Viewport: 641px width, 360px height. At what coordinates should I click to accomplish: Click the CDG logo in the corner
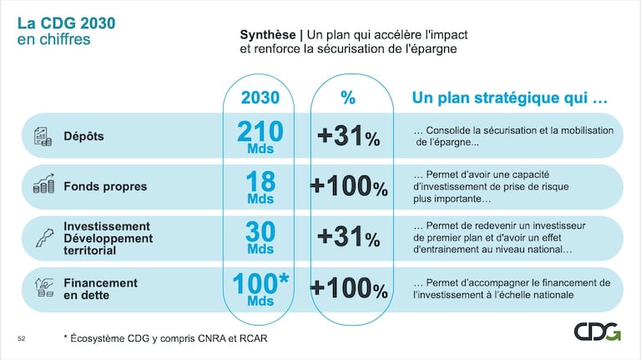click(597, 331)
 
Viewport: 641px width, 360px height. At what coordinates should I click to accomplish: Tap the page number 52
click(22, 338)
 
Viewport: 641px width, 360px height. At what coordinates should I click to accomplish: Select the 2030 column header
click(260, 98)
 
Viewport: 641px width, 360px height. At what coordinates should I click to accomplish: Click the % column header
click(348, 98)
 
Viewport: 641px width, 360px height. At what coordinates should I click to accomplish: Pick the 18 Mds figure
click(260, 188)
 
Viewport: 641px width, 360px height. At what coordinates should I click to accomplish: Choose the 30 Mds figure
click(260, 237)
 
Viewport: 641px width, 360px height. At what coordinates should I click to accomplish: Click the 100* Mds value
click(260, 287)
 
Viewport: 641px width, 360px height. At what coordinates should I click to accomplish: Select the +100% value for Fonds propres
click(348, 187)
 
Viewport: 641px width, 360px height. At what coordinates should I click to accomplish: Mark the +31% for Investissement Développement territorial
click(348, 237)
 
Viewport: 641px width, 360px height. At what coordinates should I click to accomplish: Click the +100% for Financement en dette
click(348, 289)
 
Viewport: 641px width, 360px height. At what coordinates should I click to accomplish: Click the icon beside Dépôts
click(43, 135)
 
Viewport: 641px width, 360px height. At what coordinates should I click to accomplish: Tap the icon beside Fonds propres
click(43, 185)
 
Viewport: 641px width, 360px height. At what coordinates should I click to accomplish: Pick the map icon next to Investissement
click(42, 237)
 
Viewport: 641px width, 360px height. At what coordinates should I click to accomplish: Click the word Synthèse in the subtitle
click(267, 35)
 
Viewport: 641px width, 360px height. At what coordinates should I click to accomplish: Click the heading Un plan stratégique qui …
click(509, 98)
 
